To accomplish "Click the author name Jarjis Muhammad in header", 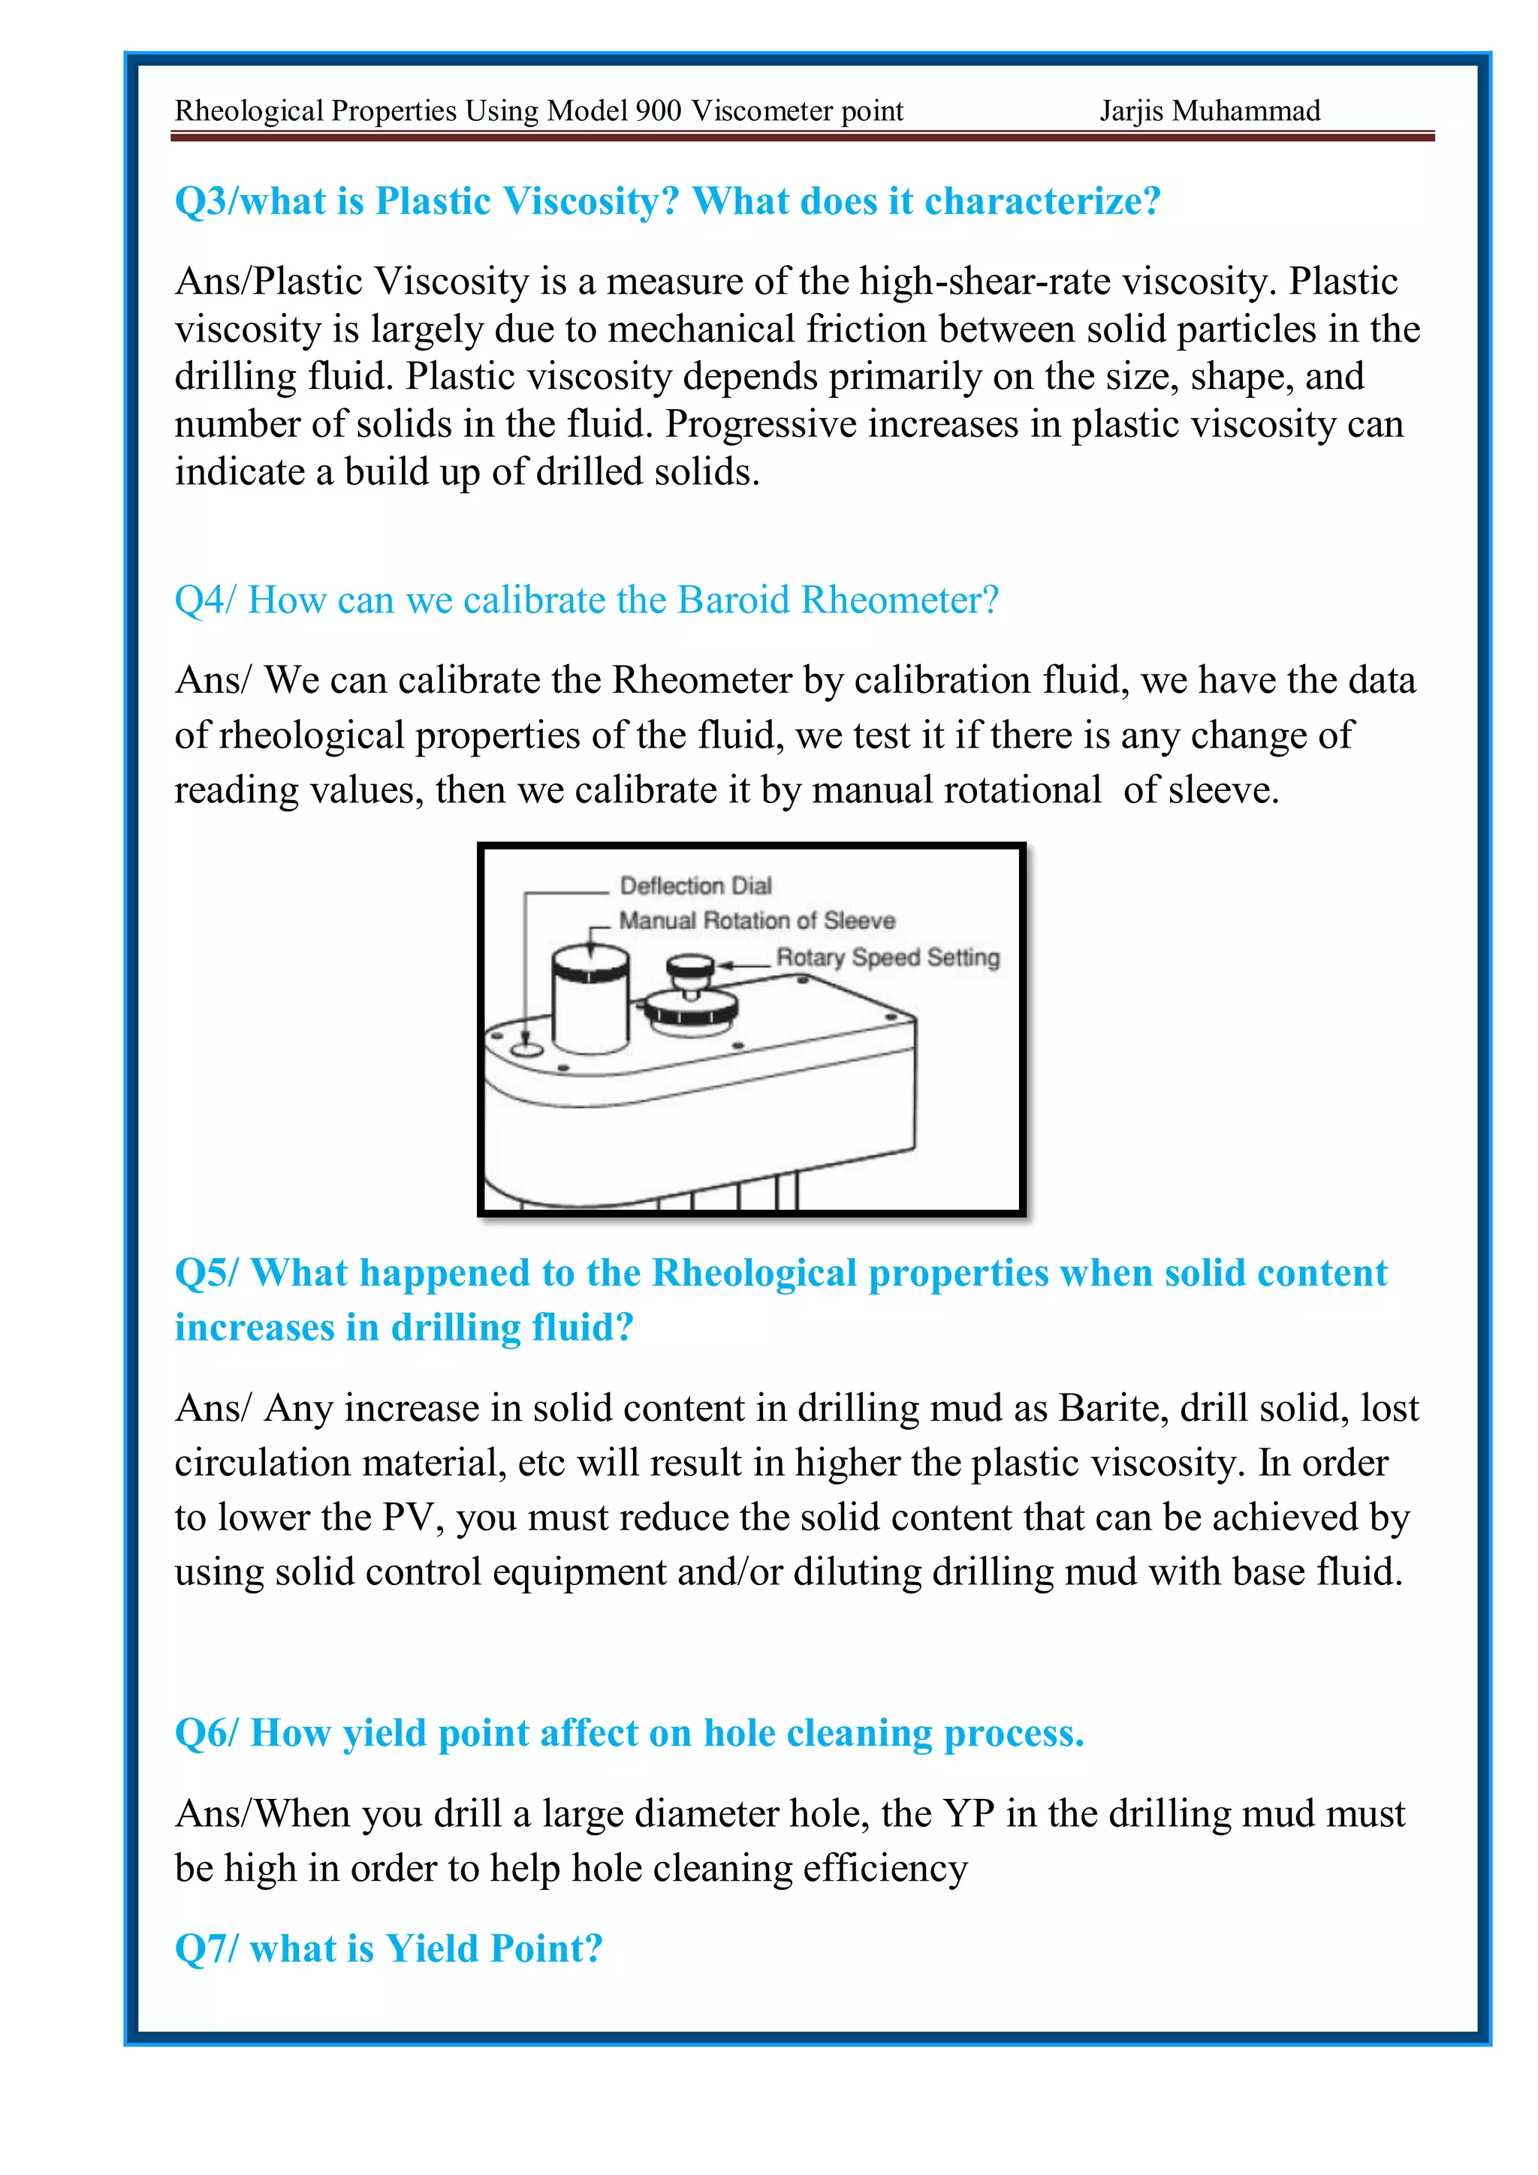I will pyautogui.click(x=1209, y=112).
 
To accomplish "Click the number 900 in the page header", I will pyautogui.click(x=659, y=112).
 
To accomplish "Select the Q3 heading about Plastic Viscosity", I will pyautogui.click(x=667, y=201).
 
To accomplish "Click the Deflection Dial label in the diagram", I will pyautogui.click(x=695, y=886).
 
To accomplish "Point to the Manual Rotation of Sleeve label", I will pyautogui.click(x=756, y=921).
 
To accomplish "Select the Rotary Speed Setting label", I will pyautogui.click(x=888, y=958).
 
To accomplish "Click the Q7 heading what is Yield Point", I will pyautogui.click(x=388, y=1948).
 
